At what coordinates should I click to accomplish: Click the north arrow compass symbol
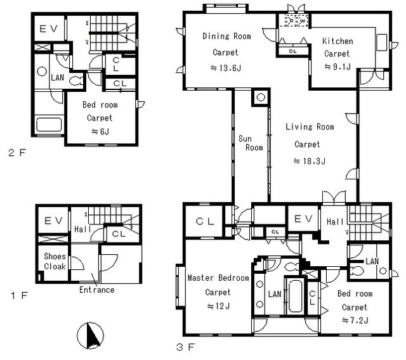coord(90,335)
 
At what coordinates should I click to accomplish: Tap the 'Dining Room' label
coord(227,36)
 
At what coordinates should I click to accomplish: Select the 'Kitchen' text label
coord(337,41)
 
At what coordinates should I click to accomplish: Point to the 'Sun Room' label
coord(251,143)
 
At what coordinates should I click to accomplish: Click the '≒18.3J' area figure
coord(310,161)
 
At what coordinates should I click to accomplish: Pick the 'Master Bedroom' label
coord(218,278)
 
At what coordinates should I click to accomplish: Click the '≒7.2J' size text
coord(355,321)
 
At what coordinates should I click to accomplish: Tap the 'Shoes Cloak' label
coord(55,261)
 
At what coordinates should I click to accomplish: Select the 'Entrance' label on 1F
coord(97,290)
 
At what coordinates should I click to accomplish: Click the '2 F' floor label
coord(17,153)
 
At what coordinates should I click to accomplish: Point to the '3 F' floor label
coord(185,347)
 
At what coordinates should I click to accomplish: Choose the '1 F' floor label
coord(19,295)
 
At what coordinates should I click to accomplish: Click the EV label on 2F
coord(48,29)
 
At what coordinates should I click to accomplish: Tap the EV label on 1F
coord(53,221)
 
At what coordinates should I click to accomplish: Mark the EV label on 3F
coord(303,219)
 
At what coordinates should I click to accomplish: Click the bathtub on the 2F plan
coord(49,125)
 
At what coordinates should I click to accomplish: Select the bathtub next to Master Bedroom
coord(295,296)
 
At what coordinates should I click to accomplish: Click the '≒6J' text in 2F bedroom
coord(100,132)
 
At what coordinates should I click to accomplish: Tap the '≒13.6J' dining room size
coord(226,68)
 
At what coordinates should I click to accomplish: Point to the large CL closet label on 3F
coord(205,221)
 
